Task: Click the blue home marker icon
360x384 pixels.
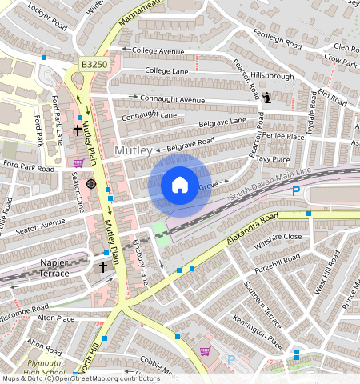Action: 180,186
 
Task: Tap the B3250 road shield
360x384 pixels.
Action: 94,63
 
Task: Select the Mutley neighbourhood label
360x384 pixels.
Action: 134,150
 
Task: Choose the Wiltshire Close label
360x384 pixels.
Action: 278,238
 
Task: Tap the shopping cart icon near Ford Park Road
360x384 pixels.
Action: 78,162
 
